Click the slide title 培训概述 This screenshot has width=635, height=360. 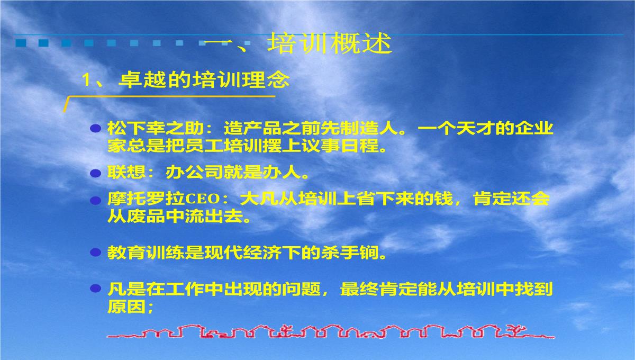coord(330,43)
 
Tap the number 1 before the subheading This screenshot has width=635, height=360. coord(85,80)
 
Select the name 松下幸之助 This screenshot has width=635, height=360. coord(156,128)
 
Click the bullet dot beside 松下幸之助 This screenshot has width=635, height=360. coord(96,129)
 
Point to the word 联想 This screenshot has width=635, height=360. coord(126,172)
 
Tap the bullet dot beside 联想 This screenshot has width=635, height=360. coord(96,173)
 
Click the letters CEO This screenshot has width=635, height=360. coord(202,199)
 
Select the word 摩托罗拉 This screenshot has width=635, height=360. coord(146,199)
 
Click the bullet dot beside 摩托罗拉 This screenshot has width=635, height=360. coord(96,201)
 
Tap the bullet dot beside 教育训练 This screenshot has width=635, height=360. coord(96,252)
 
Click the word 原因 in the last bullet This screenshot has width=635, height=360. coord(126,307)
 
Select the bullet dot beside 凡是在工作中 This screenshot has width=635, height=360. coord(96,289)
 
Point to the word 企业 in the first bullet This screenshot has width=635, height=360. coord(534,128)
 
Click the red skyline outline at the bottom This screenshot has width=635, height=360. coord(331,331)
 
